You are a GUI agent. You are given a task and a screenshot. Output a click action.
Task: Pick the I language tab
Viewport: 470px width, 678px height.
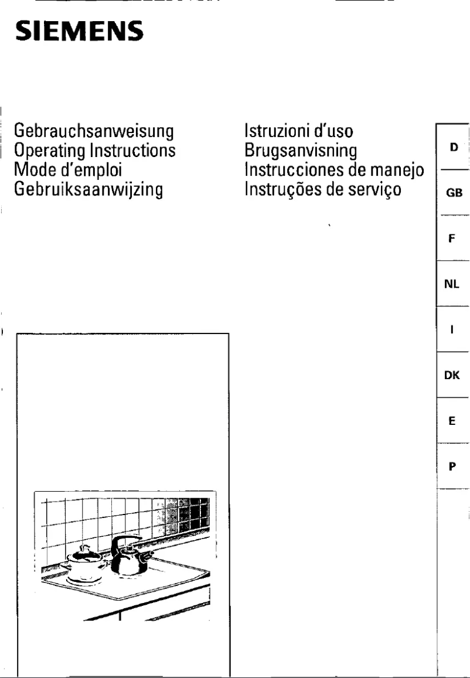pos(452,330)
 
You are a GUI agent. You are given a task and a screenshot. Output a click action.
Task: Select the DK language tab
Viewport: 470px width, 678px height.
pos(452,376)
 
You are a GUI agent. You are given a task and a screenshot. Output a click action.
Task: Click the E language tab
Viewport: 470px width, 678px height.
pos(452,421)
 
